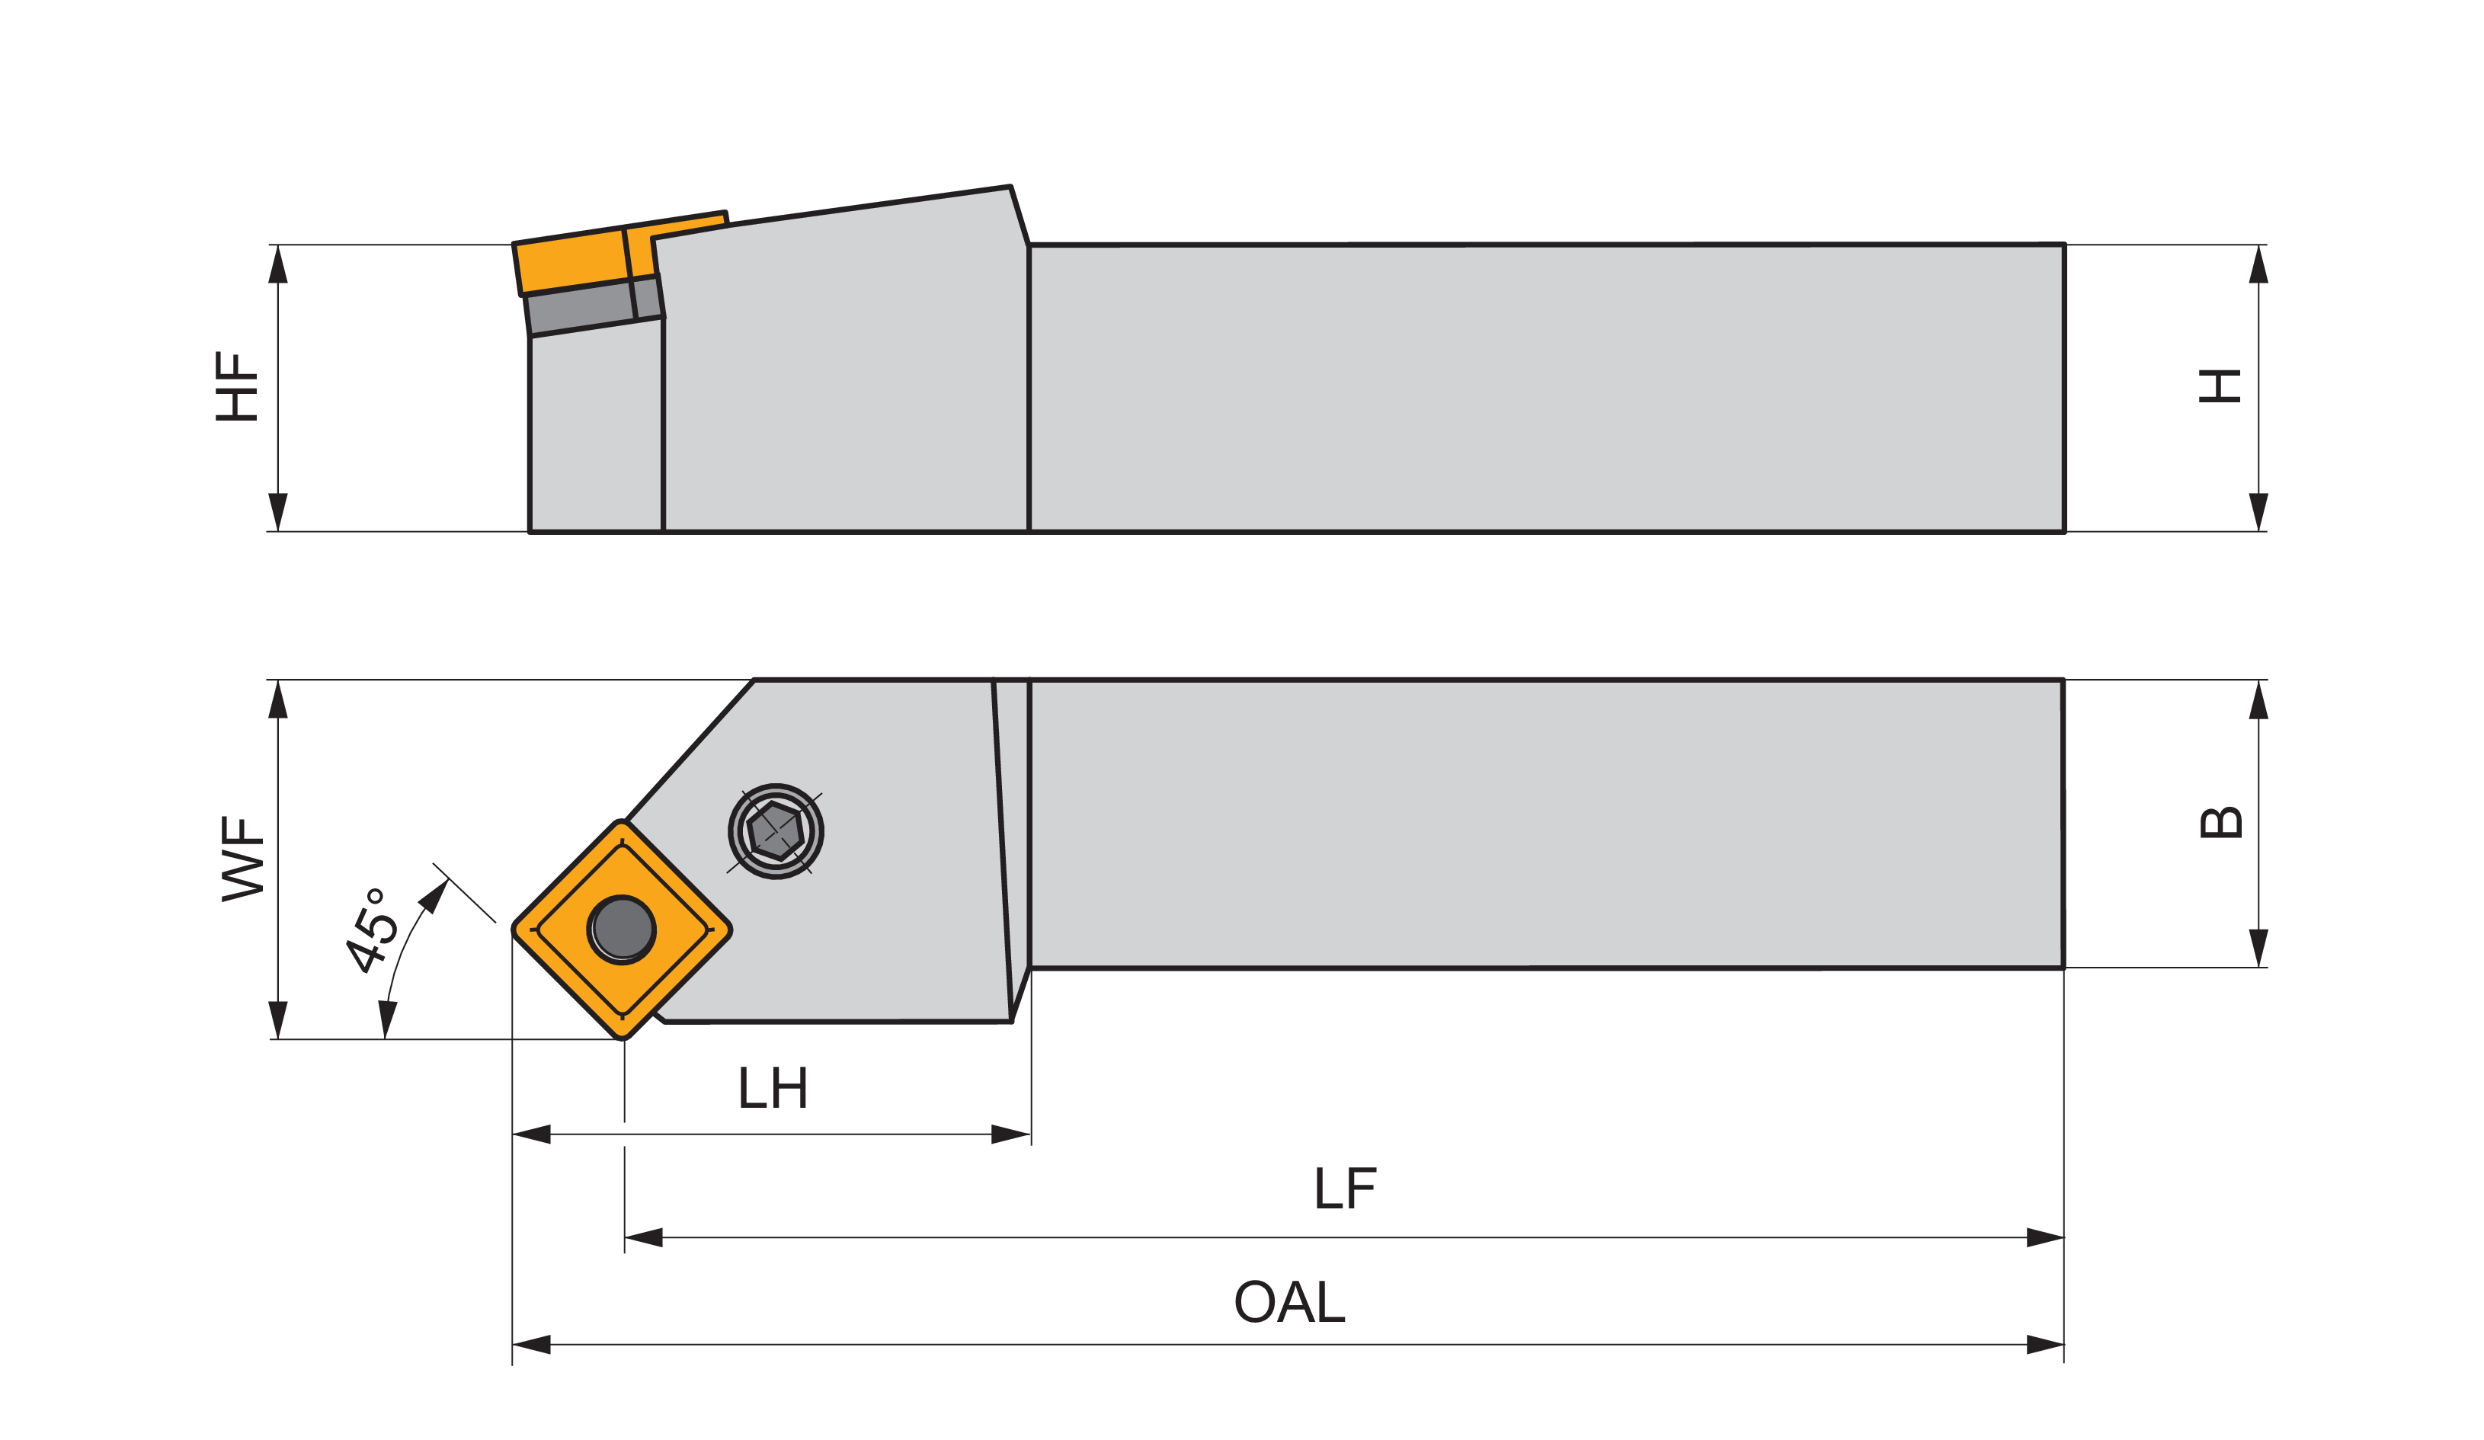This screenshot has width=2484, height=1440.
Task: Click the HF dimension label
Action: tap(236, 386)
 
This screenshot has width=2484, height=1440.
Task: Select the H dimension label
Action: tap(2220, 386)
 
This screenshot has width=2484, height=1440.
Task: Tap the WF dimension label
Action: tap(242, 857)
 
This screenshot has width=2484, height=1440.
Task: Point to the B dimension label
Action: tap(2221, 823)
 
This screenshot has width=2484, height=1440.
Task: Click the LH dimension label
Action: tap(774, 1088)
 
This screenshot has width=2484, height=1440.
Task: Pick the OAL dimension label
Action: tap(1289, 1302)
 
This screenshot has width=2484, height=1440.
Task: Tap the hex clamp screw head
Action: tap(776, 831)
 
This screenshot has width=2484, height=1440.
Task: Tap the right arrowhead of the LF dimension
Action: tap(2044, 1237)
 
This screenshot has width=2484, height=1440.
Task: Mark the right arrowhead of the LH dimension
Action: tap(1010, 1134)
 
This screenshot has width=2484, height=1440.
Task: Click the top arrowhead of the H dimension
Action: tap(2258, 264)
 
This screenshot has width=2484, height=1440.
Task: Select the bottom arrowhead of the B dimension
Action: tap(2258, 947)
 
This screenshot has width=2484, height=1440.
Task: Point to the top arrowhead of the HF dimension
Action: tap(278, 264)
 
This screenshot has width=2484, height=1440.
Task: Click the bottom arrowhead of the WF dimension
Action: tap(278, 1019)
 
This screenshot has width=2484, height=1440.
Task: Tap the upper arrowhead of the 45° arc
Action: tap(434, 896)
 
